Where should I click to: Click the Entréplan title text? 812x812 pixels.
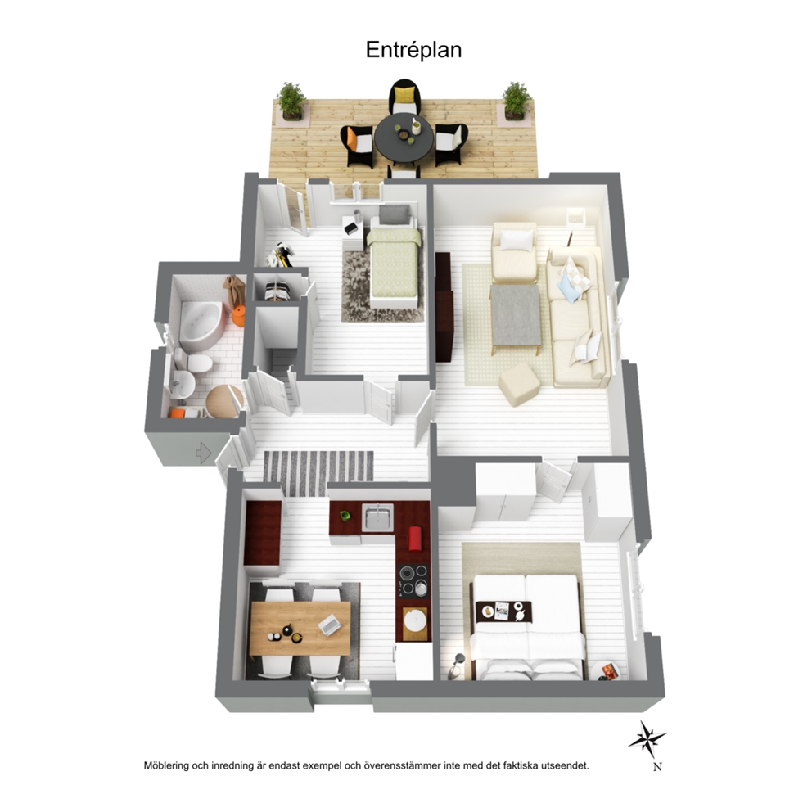[x=413, y=50]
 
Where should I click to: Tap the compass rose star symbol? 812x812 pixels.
[x=647, y=738]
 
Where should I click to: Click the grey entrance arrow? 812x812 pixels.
[x=204, y=453]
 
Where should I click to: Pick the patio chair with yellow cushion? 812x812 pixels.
[x=404, y=97]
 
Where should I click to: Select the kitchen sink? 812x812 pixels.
[x=377, y=517]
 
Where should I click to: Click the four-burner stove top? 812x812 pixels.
[x=413, y=580]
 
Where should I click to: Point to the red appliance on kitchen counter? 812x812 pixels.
[x=415, y=539]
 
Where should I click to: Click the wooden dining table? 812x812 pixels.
[x=300, y=628]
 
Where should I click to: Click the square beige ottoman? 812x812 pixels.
[x=520, y=384]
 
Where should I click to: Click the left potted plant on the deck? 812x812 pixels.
[x=291, y=101]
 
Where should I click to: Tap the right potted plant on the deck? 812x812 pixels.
[x=517, y=101]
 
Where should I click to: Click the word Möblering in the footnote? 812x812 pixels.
[x=166, y=765]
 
